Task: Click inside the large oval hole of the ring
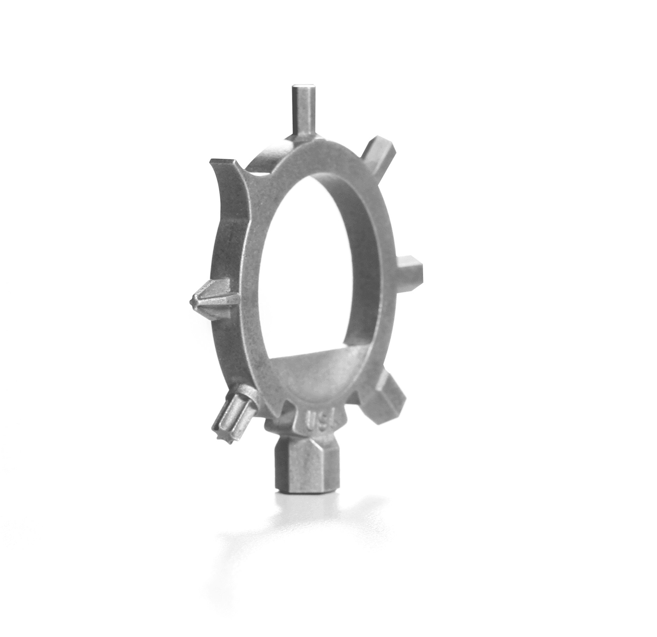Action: click(x=315, y=262)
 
